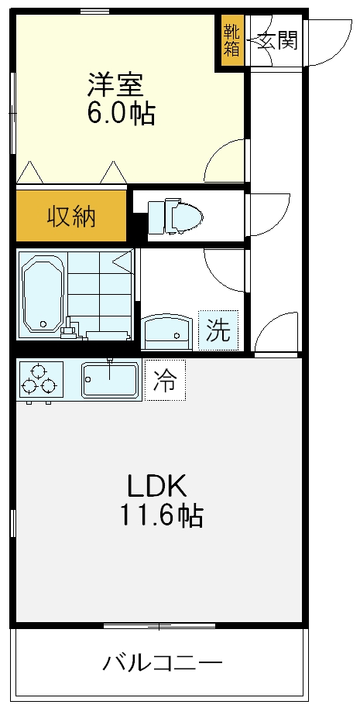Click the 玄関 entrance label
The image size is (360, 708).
tap(276, 40)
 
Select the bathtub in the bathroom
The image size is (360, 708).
tap(43, 296)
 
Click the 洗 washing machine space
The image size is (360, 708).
tap(218, 331)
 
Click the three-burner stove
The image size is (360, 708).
tap(39, 379)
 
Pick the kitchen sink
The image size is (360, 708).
tap(111, 379)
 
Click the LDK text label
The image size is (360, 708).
tap(157, 487)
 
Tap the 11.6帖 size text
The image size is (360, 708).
tap(160, 515)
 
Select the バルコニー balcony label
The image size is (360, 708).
tap(163, 663)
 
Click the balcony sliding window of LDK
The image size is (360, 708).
tap(159, 624)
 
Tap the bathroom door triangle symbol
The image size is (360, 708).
tap(122, 261)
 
